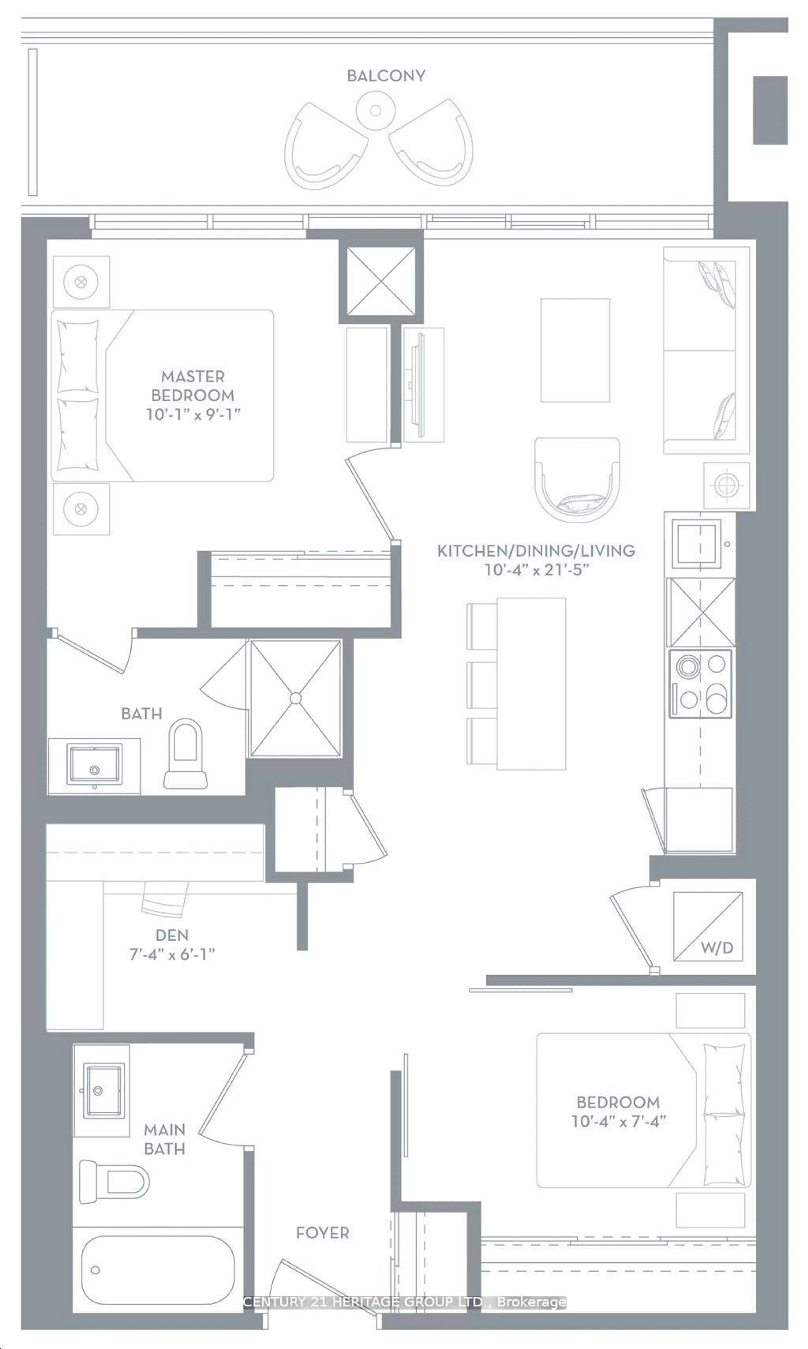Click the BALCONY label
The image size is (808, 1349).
pyautogui.click(x=386, y=76)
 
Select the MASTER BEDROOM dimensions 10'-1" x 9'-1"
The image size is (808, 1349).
pyautogui.click(x=193, y=414)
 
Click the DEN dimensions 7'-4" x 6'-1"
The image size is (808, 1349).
pyautogui.click(x=172, y=954)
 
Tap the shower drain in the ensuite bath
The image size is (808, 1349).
pyautogui.click(x=295, y=698)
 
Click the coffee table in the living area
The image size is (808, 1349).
pyautogui.click(x=575, y=350)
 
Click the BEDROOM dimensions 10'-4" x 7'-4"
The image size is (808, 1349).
pyautogui.click(x=619, y=1121)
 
